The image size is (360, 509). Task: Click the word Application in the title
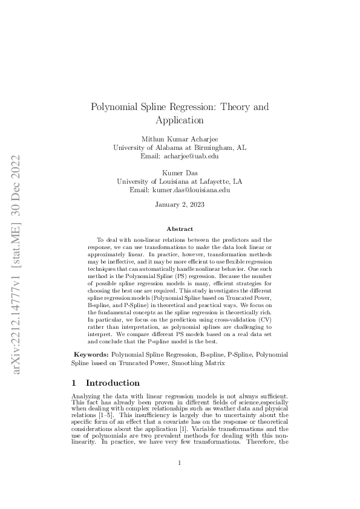(x=180, y=120)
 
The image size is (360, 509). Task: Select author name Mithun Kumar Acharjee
(x=180, y=138)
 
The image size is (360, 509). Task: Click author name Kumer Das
(x=180, y=173)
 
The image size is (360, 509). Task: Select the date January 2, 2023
(x=180, y=205)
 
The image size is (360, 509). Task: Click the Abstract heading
(x=180, y=229)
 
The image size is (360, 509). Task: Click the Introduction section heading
(x=113, y=383)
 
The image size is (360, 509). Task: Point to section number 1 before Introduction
(x=74, y=383)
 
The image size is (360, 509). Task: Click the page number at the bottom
(x=180, y=463)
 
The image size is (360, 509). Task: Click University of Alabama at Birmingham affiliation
(x=180, y=147)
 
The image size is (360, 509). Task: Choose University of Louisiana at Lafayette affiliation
(x=180, y=181)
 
